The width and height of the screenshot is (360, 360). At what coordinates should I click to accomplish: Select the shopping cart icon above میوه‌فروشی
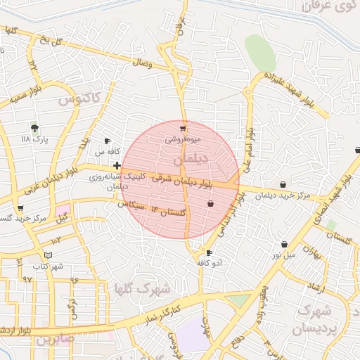[x=184, y=129]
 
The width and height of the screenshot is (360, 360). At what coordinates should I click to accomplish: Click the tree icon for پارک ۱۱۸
[x=34, y=127]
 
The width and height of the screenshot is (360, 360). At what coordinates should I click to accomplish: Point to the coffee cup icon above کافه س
[x=108, y=141]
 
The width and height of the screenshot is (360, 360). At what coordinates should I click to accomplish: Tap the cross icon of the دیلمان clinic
[x=117, y=165]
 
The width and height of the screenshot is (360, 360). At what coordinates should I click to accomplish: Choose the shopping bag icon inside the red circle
[x=210, y=203]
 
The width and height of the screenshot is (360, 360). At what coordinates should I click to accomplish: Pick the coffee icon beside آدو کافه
[x=209, y=252]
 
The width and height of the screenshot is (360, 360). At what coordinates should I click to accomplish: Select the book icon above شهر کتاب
[x=48, y=255]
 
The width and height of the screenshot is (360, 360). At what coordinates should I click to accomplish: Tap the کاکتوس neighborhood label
[x=79, y=98]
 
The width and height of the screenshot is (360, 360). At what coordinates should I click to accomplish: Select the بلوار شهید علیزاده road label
[x=290, y=87]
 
